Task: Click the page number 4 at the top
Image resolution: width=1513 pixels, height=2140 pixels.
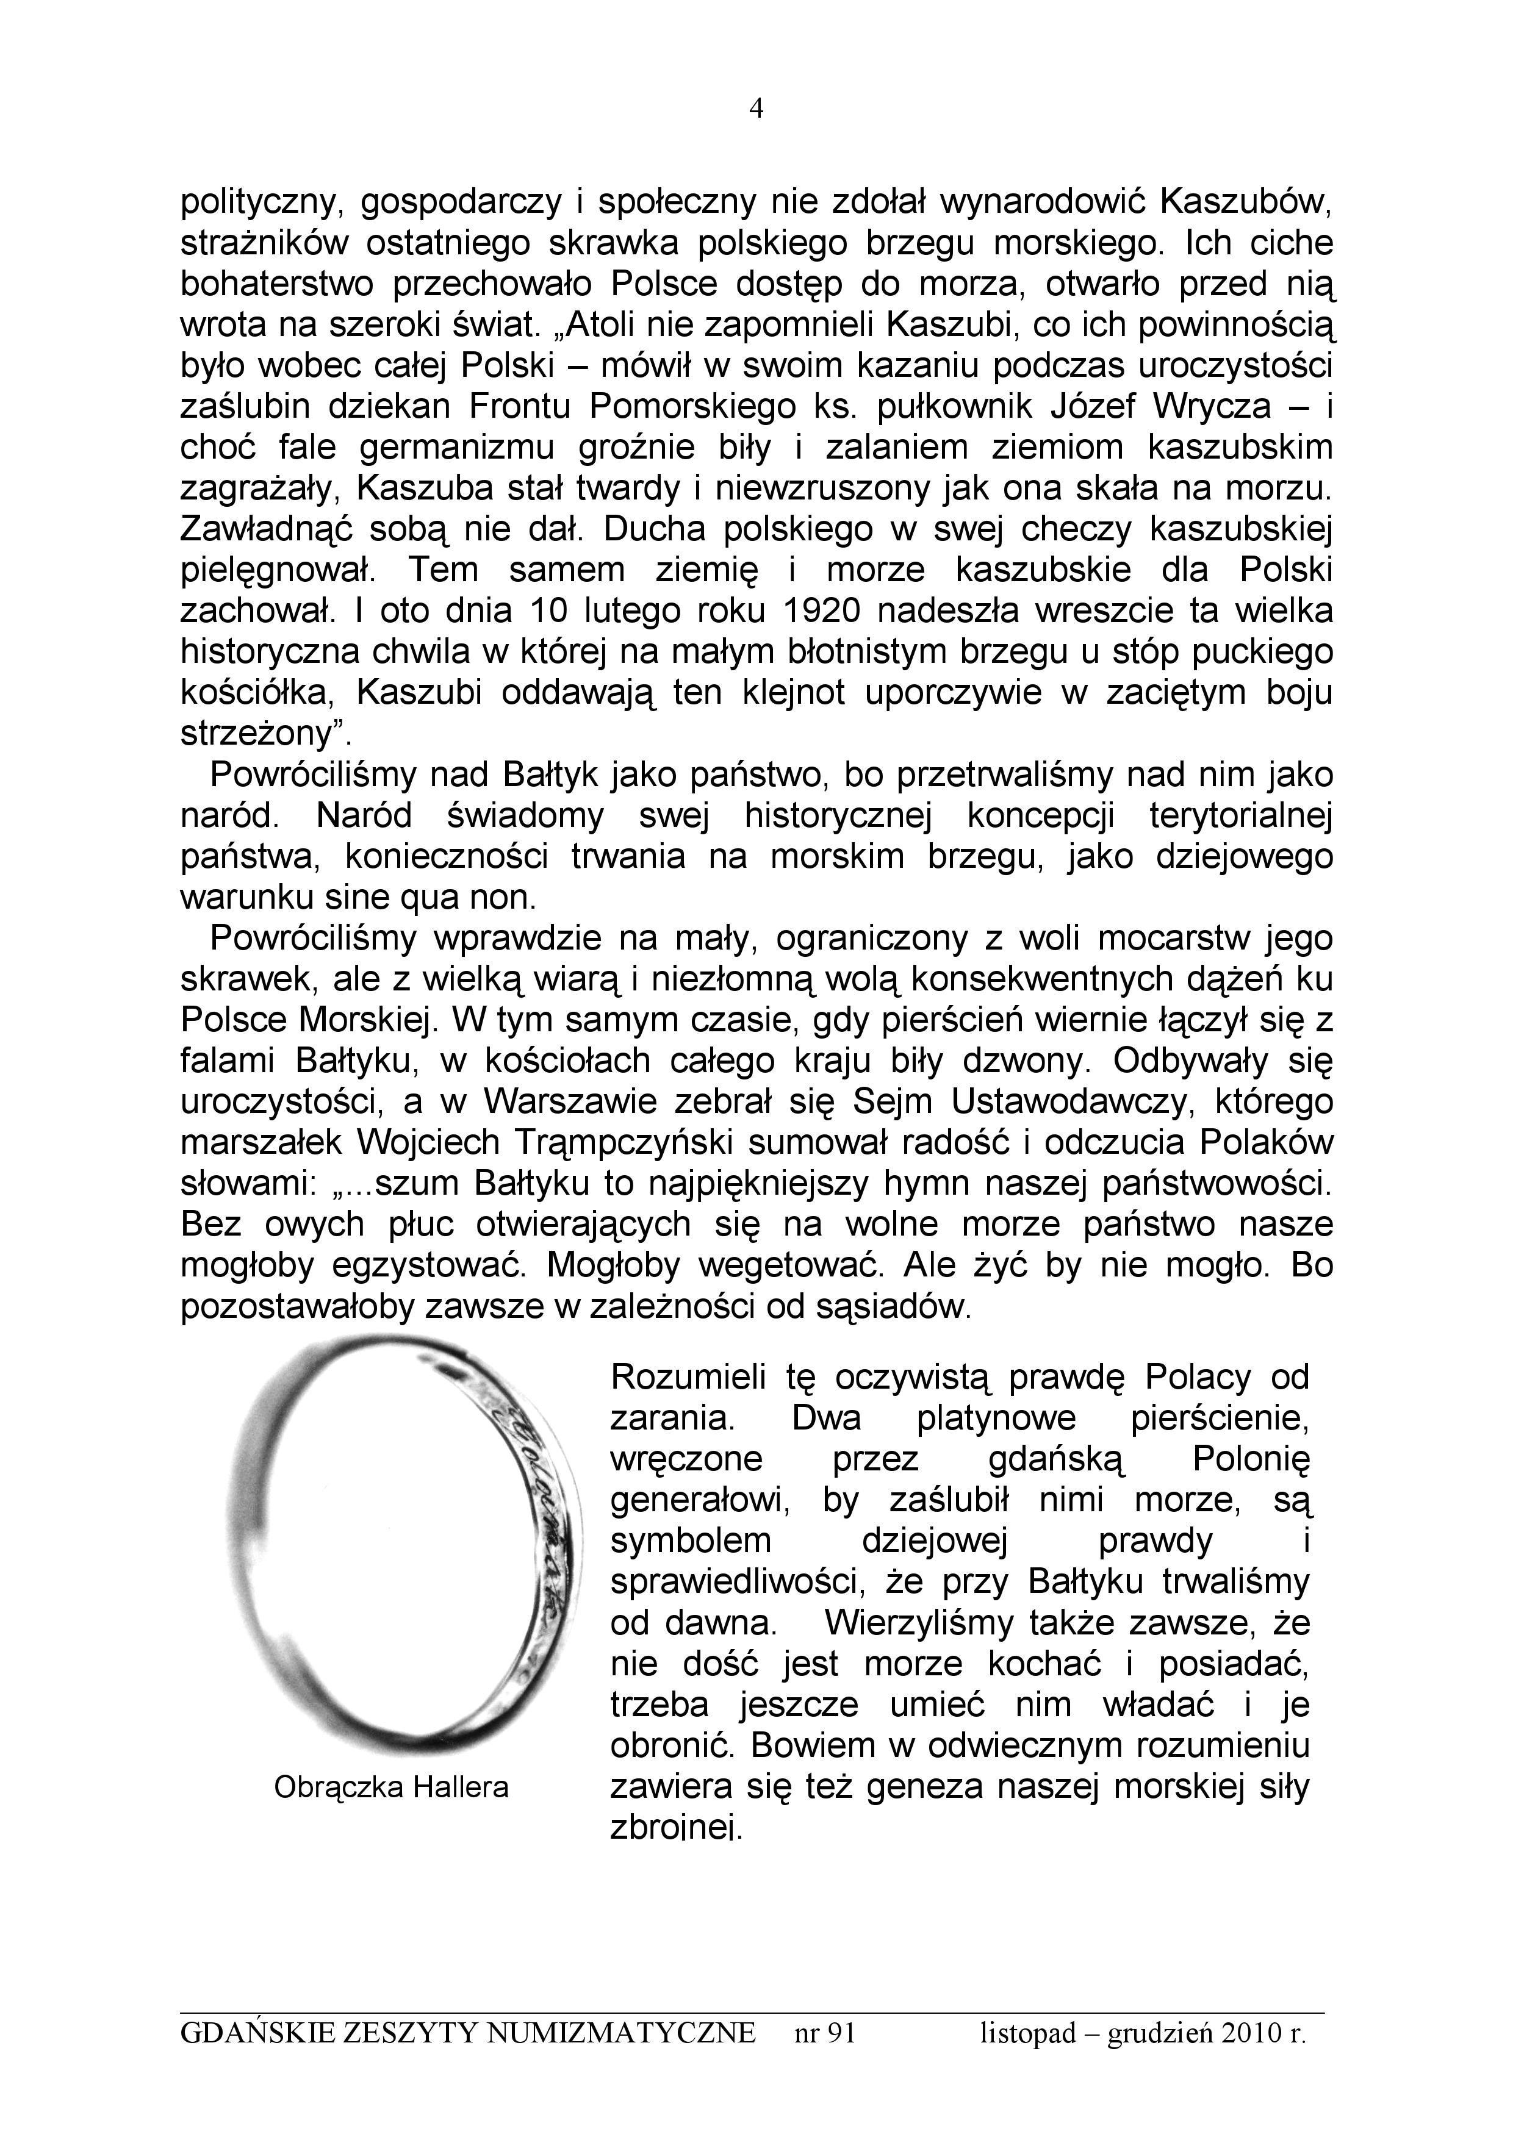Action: (756, 110)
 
